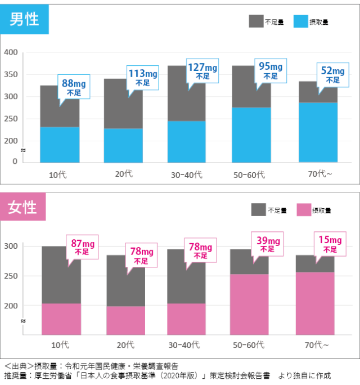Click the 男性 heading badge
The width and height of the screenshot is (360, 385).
[x=25, y=20]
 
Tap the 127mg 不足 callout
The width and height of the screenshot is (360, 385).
[x=203, y=71]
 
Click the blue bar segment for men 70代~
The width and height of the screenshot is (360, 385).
[x=318, y=132]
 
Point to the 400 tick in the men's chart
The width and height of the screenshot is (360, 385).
[x=12, y=52]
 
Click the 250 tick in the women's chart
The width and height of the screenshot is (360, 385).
[x=12, y=276]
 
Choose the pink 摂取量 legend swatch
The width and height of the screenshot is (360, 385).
[x=303, y=210]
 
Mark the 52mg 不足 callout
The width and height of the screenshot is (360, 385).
[x=332, y=75]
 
